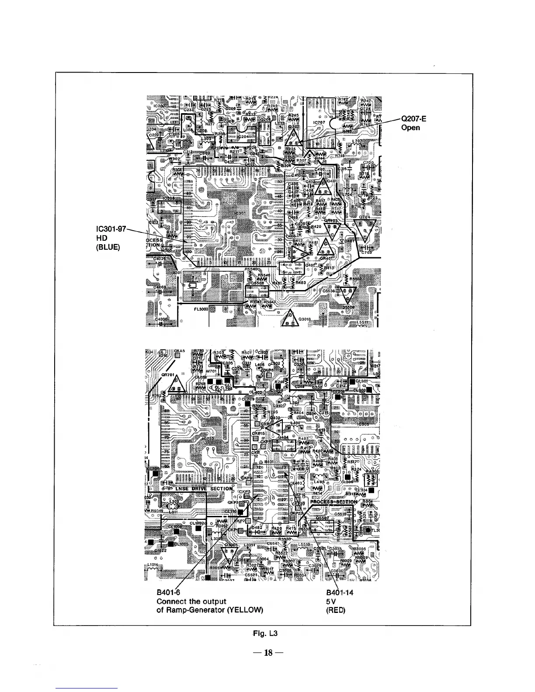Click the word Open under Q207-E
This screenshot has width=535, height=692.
(x=410, y=128)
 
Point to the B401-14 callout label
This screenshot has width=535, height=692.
(x=340, y=593)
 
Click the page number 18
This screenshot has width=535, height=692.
(x=268, y=653)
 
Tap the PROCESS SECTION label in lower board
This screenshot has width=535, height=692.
(x=334, y=502)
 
